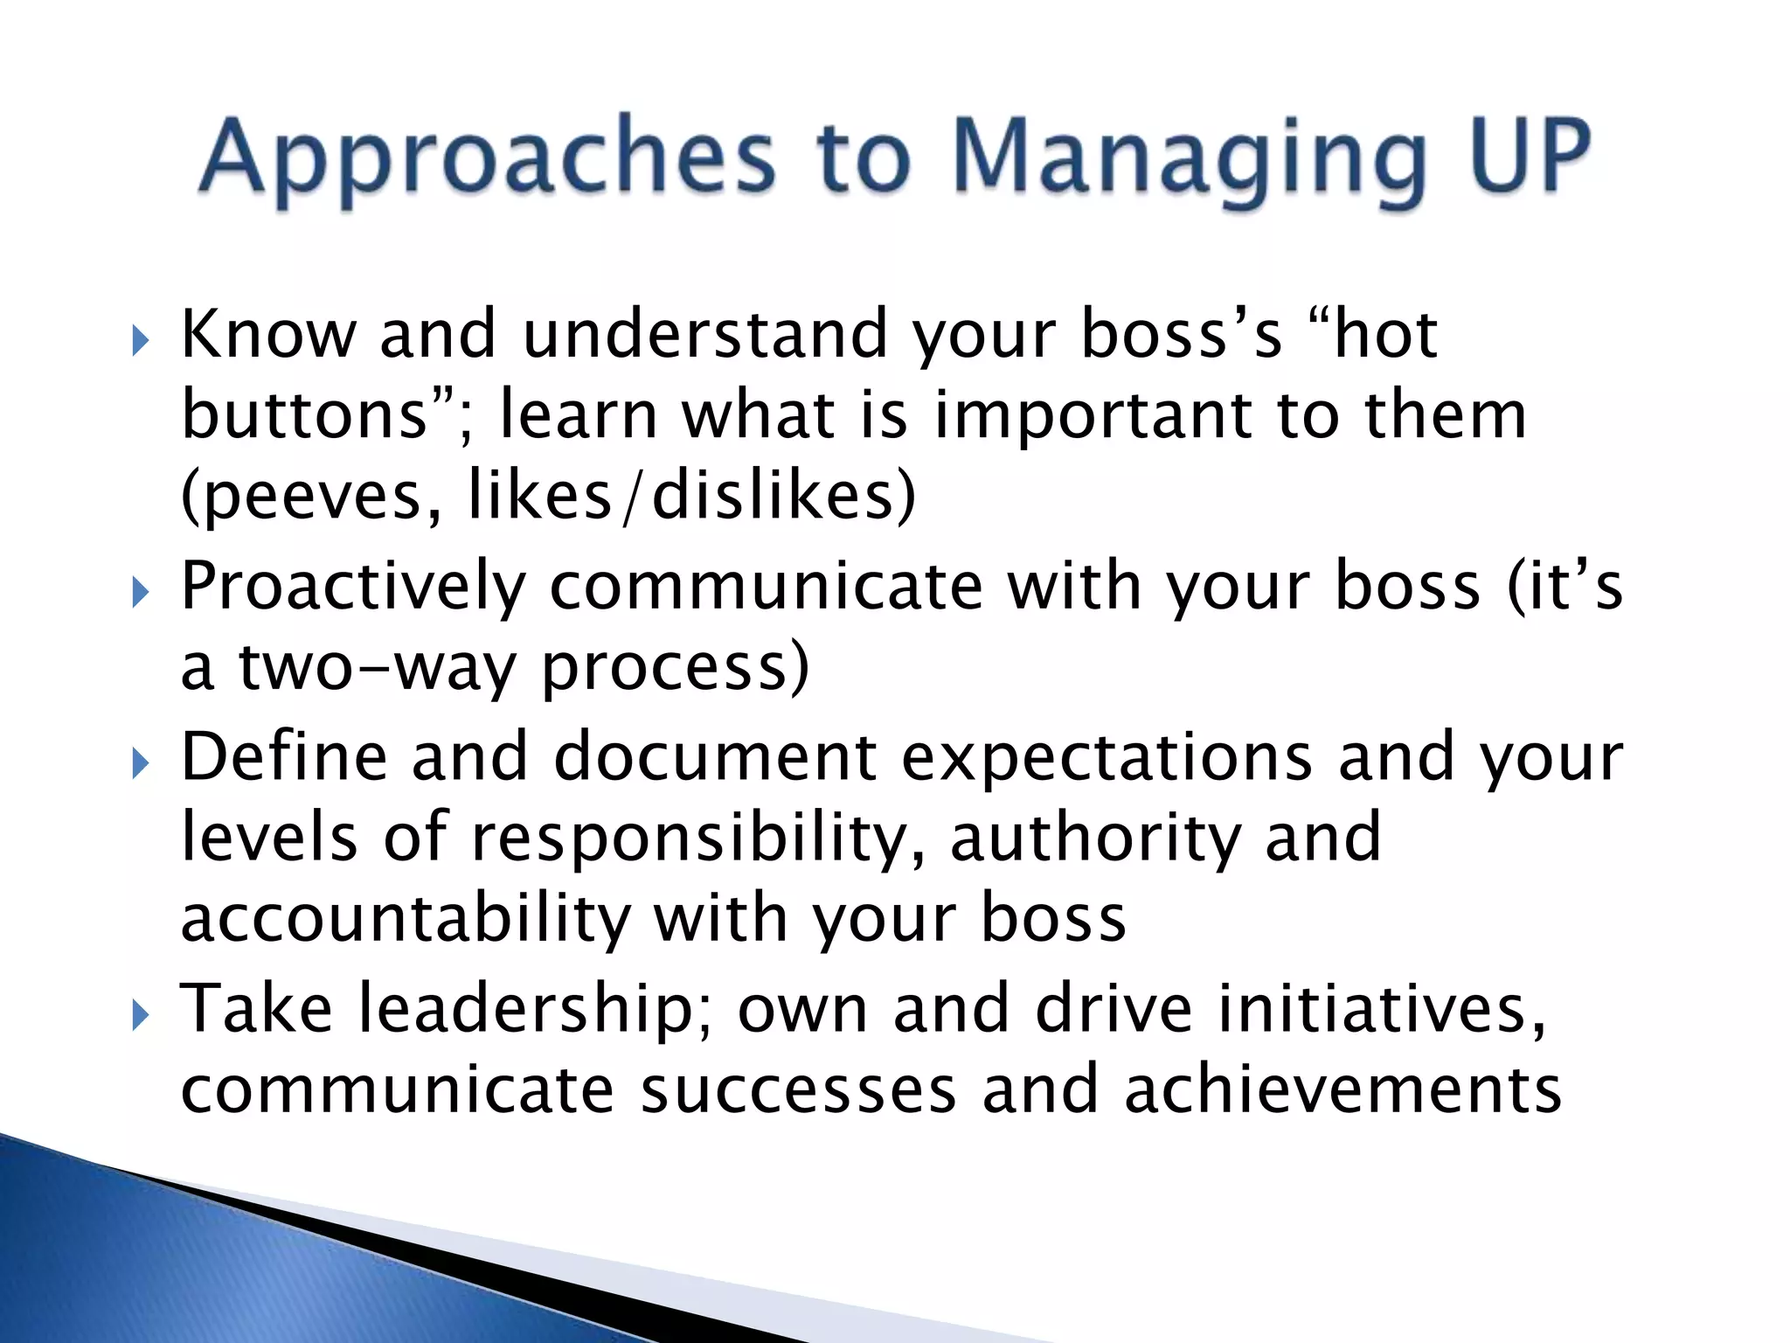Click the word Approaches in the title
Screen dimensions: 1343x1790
coord(486,157)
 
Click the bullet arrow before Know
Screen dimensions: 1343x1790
coord(140,341)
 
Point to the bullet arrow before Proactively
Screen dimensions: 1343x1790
coord(140,594)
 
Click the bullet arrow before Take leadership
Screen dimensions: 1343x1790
coord(140,1016)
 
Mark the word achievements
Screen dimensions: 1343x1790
coord(1342,1090)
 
